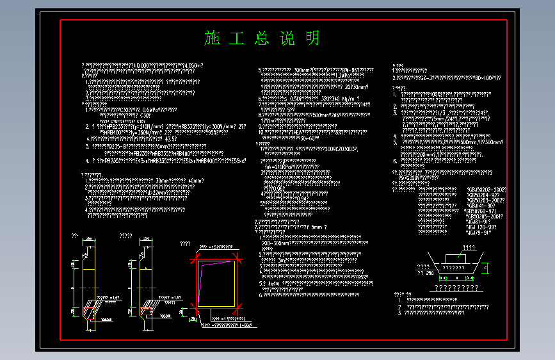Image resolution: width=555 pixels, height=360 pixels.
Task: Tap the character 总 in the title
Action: [x=262, y=38]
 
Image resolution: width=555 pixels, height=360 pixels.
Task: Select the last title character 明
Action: [x=312, y=38]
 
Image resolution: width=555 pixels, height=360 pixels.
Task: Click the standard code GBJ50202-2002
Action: [x=487, y=190]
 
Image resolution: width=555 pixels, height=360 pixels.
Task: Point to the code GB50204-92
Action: [x=484, y=195]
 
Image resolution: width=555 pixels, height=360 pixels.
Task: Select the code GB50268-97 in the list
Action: [x=482, y=211]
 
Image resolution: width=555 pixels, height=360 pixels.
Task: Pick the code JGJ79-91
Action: [x=479, y=233]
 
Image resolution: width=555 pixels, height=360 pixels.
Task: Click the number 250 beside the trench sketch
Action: [x=429, y=272]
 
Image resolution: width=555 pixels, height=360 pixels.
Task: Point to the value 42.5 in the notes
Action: [x=171, y=138]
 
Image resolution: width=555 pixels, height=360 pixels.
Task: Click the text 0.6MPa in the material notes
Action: [x=148, y=110]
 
